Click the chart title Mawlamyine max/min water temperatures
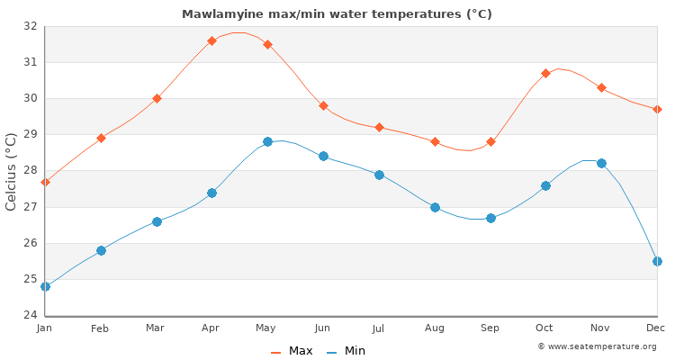coord(337,14)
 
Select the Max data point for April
coord(211,40)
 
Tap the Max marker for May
coord(267,44)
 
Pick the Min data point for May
coord(267,142)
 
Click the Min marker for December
coord(657,261)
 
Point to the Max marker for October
coord(545,73)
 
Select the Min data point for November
coord(601,164)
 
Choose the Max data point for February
coord(101,138)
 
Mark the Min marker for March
coord(157,221)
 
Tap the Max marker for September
coord(490,141)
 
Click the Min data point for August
coord(435,207)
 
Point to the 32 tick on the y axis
coord(31,26)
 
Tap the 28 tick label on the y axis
coord(31,171)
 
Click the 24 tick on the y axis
coord(31,315)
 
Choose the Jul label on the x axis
coord(379,328)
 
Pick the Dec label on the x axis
coord(656,328)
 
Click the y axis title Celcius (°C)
coord(12,171)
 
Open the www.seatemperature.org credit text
coord(596,346)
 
